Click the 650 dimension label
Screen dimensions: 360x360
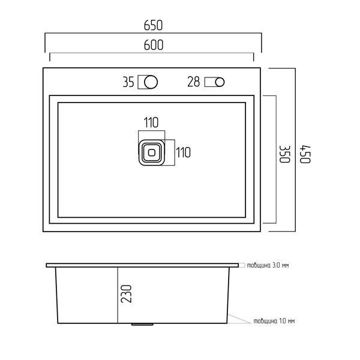153,25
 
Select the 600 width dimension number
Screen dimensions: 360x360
154,45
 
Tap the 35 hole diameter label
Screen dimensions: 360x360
128,82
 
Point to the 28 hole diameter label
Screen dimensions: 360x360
194,82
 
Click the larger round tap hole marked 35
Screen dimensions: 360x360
151,82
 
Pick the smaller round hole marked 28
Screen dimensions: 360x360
220,82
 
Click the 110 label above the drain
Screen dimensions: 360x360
151,122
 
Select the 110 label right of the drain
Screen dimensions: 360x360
183,152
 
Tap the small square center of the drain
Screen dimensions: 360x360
152,152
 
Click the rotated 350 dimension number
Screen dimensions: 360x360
285,154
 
